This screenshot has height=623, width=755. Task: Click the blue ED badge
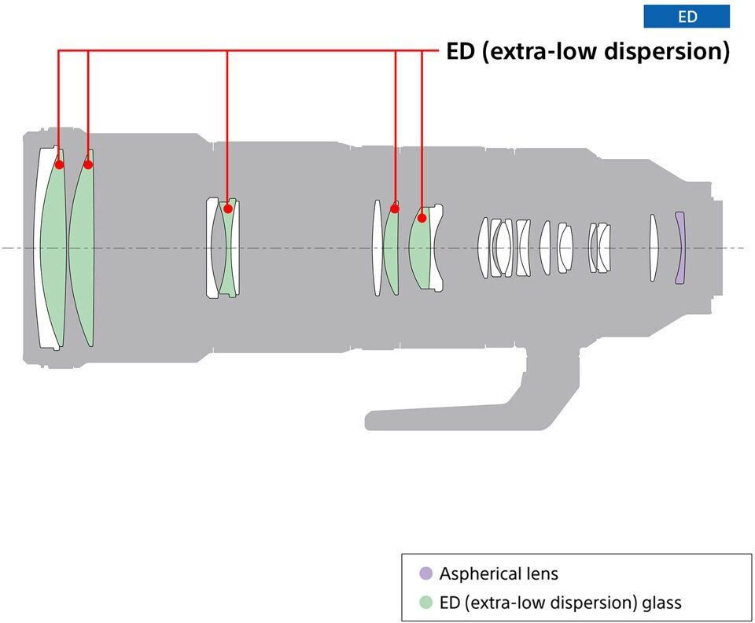[682, 17]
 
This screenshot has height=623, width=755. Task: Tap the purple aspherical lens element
[680, 248]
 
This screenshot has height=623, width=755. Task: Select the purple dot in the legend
[425, 573]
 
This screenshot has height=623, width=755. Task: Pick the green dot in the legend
[425, 603]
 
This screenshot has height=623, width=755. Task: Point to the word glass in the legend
[662, 603]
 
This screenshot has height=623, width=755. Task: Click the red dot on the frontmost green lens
[59, 164]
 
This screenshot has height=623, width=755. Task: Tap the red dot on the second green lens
[88, 164]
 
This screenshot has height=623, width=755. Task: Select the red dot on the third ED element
[227, 209]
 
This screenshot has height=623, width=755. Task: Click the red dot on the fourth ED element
[396, 209]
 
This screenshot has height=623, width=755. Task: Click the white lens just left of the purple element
[653, 248]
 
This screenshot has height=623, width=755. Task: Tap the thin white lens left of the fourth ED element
[377, 248]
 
